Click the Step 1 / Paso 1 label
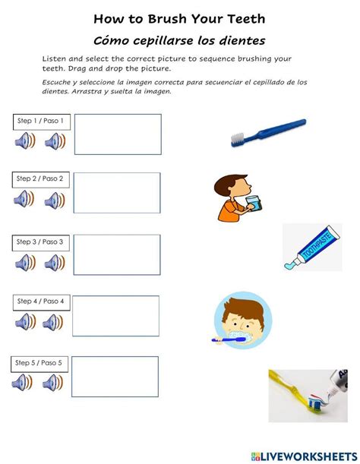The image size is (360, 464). [41, 121]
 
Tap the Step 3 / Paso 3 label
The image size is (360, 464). [41, 241]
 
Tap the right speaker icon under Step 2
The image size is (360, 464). [55, 200]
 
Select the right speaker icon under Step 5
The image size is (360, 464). [53, 382]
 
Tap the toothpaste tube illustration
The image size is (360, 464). [311, 247]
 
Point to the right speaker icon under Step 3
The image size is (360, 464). [54, 263]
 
